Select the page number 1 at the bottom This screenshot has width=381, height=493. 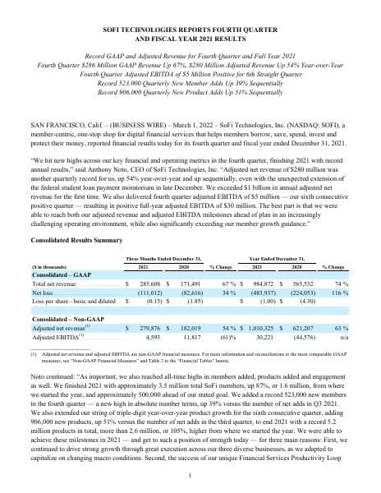click(190, 475)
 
